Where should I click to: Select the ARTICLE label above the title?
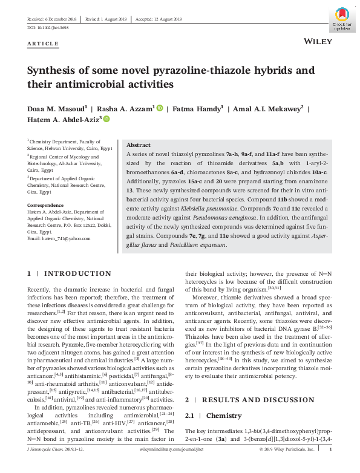(43, 44)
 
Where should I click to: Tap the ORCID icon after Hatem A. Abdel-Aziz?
(106, 120)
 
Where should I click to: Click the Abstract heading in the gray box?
(138, 146)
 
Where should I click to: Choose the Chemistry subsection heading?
(224, 416)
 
